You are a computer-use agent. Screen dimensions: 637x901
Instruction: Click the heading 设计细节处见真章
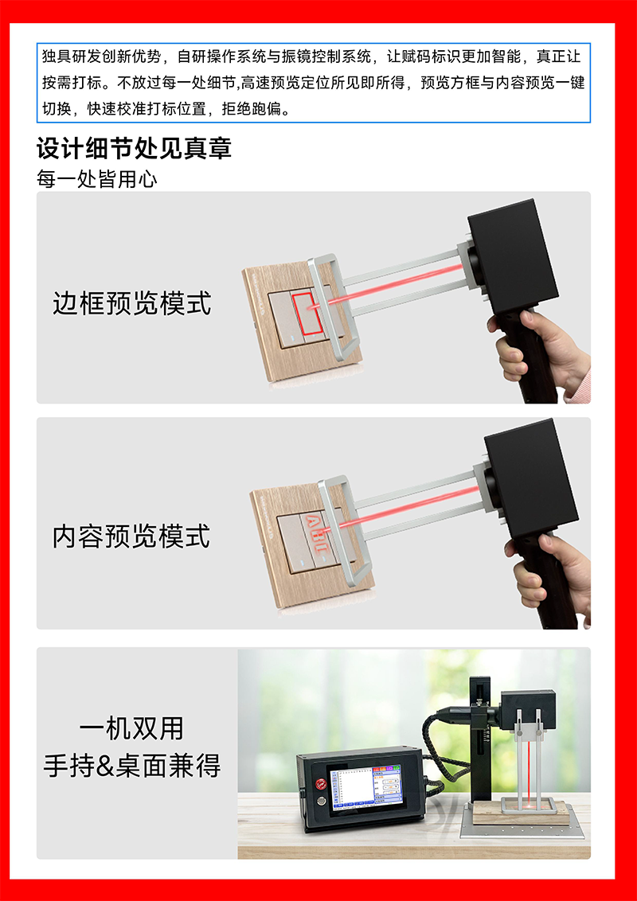click(x=134, y=149)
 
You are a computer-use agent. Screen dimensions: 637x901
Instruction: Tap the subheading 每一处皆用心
click(x=96, y=179)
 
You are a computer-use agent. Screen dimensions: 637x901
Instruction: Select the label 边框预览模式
click(x=132, y=303)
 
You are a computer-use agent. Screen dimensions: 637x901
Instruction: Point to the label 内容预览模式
click(x=131, y=536)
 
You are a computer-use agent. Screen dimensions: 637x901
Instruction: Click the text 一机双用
click(x=131, y=728)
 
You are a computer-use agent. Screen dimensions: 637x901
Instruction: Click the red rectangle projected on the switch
click(x=303, y=313)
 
